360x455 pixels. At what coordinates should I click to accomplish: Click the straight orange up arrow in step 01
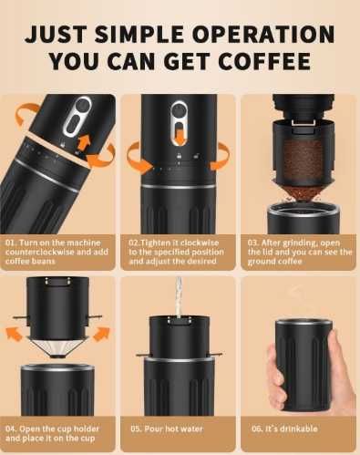(x=85, y=140)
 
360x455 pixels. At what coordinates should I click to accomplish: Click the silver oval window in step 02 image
(x=180, y=119)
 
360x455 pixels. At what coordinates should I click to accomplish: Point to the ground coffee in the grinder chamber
(x=302, y=160)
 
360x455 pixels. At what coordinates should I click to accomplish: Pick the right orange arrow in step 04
(x=97, y=333)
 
